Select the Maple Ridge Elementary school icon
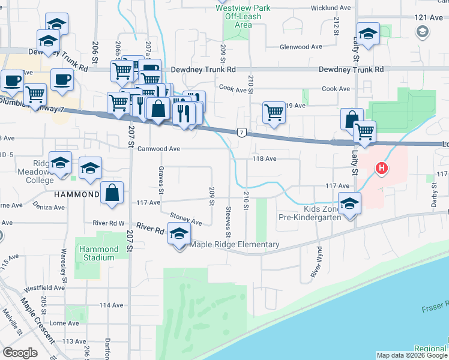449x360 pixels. point(179,236)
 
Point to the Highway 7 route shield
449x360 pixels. point(240,131)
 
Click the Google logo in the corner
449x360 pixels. point(20,353)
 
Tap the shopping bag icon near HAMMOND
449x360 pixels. point(112,193)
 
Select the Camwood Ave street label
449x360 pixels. point(158,149)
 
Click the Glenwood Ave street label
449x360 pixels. point(301,47)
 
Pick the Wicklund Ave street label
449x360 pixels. point(330,8)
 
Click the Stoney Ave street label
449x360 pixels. point(185,220)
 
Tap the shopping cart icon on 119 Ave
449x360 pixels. point(274,112)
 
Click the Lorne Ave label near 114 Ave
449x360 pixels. point(65,323)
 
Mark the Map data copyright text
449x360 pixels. point(412,355)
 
